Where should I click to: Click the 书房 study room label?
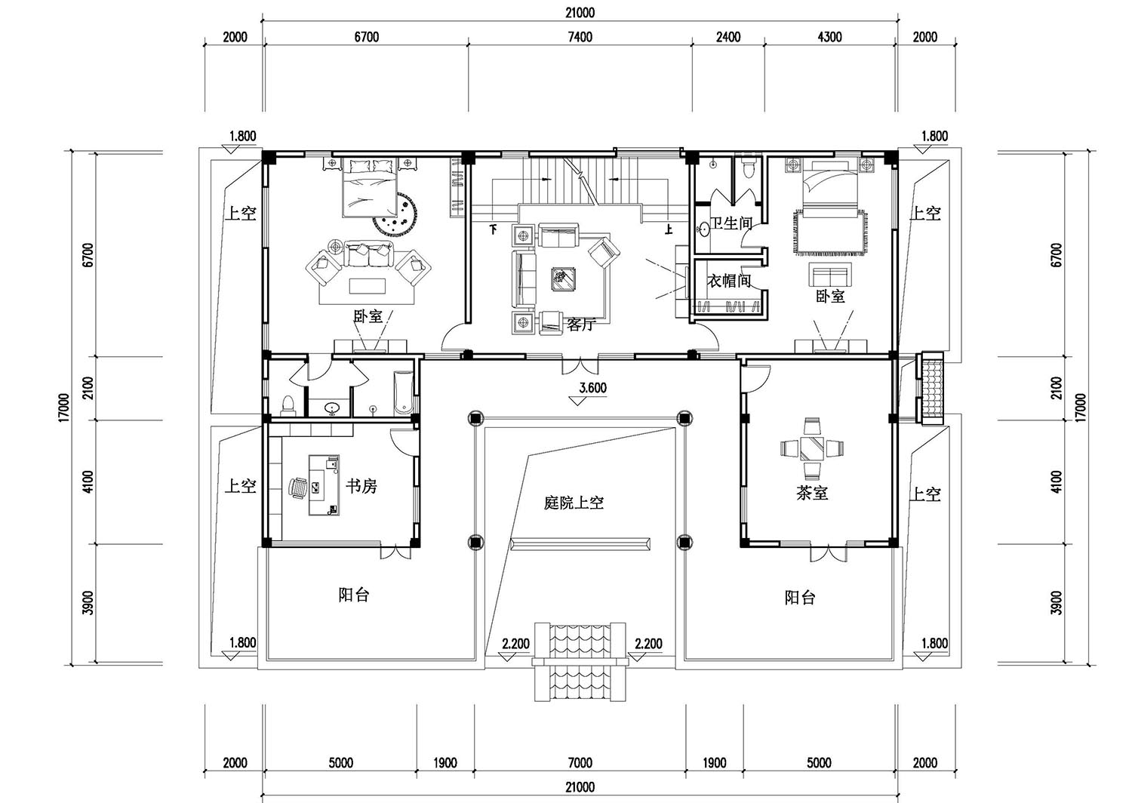point(361,486)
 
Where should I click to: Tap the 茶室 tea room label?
point(812,493)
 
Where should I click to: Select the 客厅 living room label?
point(581,325)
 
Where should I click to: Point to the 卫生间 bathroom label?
point(731,223)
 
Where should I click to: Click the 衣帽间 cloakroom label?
point(729,281)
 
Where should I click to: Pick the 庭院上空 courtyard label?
point(574,503)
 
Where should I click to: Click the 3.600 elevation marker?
point(592,388)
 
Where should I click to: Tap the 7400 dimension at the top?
point(580,37)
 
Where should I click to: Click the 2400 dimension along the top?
point(728,37)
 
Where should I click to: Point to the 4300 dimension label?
point(830,37)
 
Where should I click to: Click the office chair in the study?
point(297,489)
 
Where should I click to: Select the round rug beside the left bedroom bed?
point(395,214)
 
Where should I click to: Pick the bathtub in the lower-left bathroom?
point(403,393)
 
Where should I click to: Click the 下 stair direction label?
point(494,229)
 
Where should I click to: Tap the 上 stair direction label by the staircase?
point(669,230)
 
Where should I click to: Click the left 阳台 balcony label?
point(354,595)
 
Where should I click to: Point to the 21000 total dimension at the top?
point(580,13)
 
